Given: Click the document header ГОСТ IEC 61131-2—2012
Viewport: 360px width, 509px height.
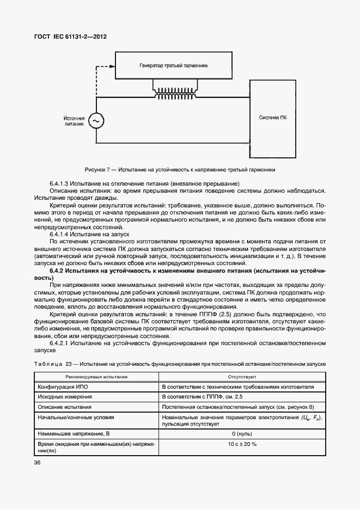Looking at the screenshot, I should [71, 36].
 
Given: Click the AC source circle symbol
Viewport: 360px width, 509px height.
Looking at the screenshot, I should [96, 120].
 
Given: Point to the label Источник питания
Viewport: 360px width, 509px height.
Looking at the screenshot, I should [74, 120].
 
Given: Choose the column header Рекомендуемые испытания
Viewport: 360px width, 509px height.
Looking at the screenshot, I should [96, 376].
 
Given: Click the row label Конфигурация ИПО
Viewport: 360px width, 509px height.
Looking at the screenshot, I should [63, 387].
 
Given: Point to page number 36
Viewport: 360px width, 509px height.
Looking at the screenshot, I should [38, 463].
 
